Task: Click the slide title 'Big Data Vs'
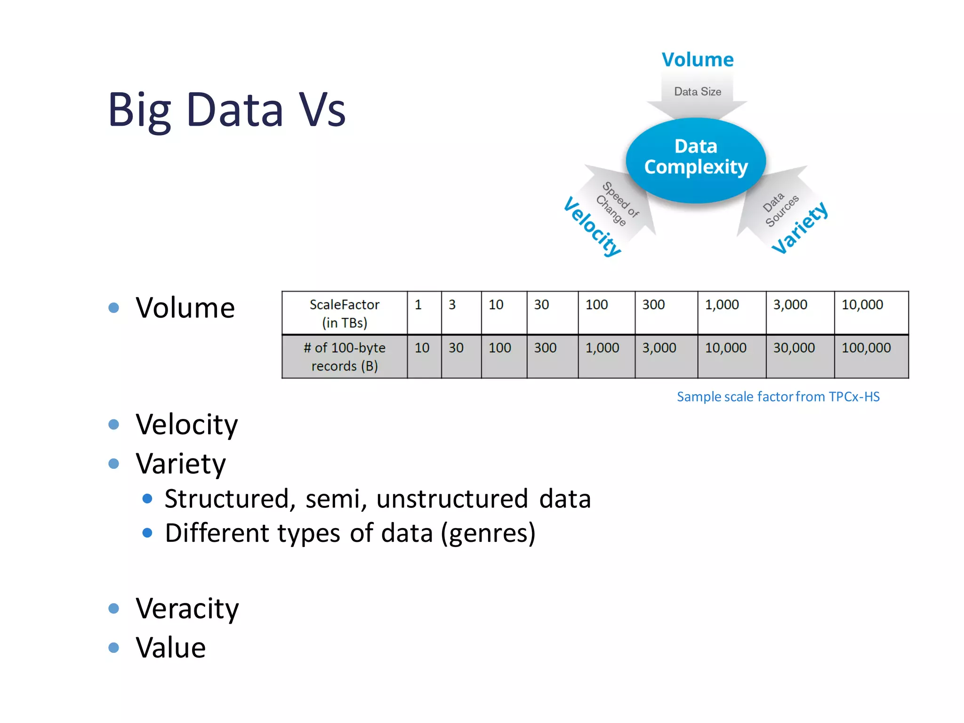click(x=227, y=110)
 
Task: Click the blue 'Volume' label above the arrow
click(x=698, y=60)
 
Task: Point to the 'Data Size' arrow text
click(x=698, y=91)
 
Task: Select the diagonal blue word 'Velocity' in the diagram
click(x=592, y=226)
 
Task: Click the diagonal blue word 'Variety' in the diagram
click(x=800, y=228)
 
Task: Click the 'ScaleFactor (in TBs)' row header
click(x=345, y=313)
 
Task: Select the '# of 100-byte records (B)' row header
click(x=345, y=356)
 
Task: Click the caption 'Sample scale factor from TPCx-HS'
click(x=778, y=397)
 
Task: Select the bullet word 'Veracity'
click(x=187, y=608)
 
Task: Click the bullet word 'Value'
click(x=171, y=648)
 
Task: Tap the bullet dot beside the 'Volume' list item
click(x=113, y=308)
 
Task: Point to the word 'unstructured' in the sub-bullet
click(x=452, y=498)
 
